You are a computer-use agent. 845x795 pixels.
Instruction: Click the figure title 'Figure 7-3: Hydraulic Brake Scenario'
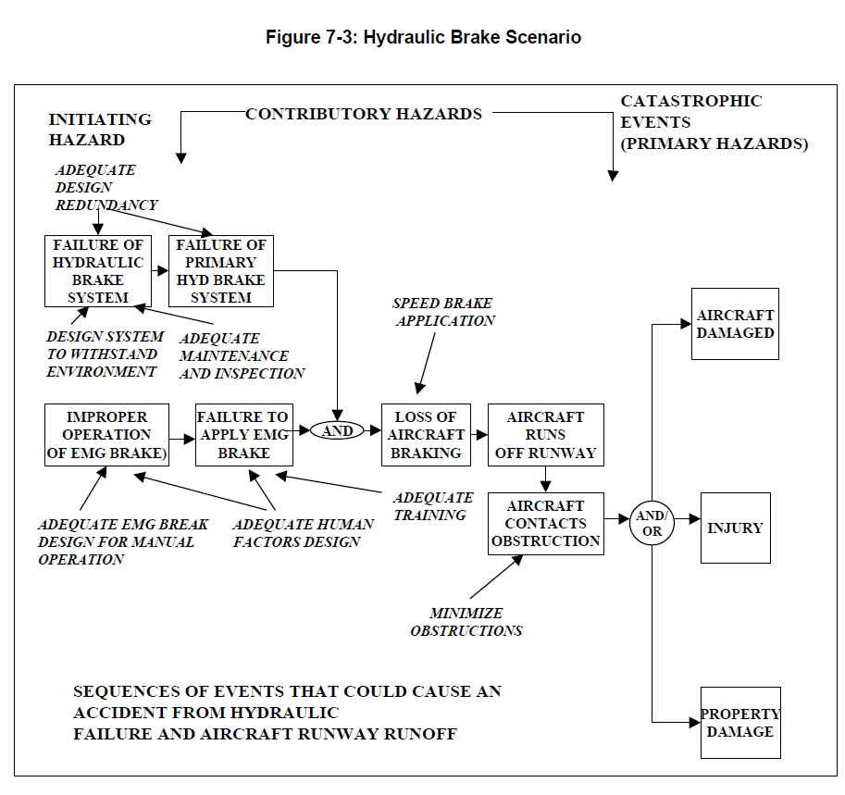point(423,38)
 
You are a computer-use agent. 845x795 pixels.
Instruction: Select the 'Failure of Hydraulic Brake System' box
point(98,271)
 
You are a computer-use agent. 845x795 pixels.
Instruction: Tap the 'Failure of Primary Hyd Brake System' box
point(221,271)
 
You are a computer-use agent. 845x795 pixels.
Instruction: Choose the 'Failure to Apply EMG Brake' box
point(243,435)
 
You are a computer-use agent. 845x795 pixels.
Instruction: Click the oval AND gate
point(337,431)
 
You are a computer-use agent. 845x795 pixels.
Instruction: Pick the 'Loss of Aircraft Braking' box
point(426,435)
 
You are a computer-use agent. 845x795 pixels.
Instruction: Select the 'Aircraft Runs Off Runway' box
point(545,435)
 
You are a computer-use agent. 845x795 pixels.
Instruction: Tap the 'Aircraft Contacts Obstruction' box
point(545,524)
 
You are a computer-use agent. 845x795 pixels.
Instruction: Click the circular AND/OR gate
point(652,524)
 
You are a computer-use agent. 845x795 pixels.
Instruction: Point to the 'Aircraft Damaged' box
point(735,324)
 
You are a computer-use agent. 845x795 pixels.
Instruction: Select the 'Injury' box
point(735,528)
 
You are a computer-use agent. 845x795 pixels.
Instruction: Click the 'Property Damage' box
point(739,723)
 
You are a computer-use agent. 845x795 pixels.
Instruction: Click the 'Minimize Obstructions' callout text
point(466,622)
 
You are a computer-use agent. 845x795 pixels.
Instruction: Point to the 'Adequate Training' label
point(432,506)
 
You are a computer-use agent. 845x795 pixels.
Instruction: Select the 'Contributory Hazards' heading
point(364,114)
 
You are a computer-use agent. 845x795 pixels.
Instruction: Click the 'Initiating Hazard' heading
point(99,130)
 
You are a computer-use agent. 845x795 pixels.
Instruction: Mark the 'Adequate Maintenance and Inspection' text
point(241,356)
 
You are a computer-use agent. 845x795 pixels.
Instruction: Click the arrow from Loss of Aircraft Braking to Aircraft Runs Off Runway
point(478,433)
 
